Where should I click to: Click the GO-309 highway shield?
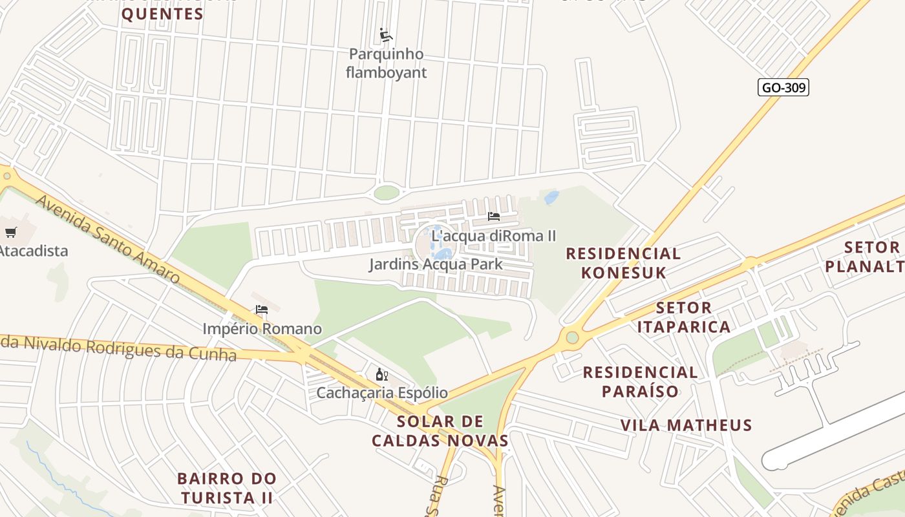click(783, 87)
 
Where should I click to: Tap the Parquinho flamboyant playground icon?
click(386, 35)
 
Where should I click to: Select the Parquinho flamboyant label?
click(386, 63)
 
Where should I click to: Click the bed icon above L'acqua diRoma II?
click(494, 216)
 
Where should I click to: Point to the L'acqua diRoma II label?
click(493, 236)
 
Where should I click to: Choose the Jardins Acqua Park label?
click(436, 264)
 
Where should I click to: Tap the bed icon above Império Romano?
click(262, 310)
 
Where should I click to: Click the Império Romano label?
click(262, 329)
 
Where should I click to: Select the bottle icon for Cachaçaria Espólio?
click(381, 374)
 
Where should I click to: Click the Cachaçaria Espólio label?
click(381, 392)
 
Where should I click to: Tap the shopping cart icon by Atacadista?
click(10, 232)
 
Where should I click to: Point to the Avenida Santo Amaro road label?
click(107, 239)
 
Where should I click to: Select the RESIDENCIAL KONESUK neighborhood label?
click(623, 263)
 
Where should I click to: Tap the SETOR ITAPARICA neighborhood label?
click(684, 317)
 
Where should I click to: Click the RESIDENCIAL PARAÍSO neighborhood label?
click(640, 381)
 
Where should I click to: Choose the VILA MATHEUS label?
click(686, 425)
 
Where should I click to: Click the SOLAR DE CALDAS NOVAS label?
click(440, 431)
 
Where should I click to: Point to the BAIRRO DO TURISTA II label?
click(227, 488)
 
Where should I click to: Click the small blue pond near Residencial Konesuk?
click(551, 197)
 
